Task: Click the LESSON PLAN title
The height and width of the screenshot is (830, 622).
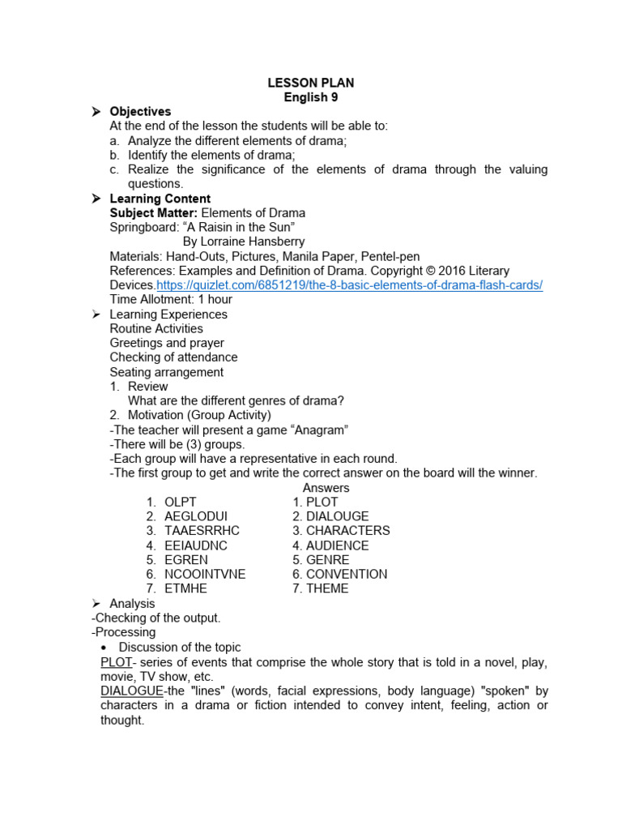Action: click(x=311, y=83)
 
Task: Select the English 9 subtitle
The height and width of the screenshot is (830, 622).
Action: click(x=311, y=97)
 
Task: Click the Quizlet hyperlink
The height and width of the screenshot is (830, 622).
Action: click(x=349, y=285)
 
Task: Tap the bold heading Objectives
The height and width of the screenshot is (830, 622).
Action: click(x=140, y=111)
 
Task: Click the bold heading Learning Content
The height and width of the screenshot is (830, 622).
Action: click(x=160, y=199)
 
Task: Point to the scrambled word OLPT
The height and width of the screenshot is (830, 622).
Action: click(x=181, y=502)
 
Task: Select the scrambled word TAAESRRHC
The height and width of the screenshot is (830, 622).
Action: click(x=202, y=530)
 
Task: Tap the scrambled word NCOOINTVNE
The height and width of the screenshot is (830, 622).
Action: click(x=205, y=574)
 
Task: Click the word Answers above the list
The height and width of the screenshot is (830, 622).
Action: click(x=326, y=487)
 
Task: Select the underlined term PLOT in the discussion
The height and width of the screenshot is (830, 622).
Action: click(x=116, y=662)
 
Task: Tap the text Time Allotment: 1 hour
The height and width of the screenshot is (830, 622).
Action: click(x=171, y=300)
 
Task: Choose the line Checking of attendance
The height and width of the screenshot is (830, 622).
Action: click(x=173, y=357)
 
